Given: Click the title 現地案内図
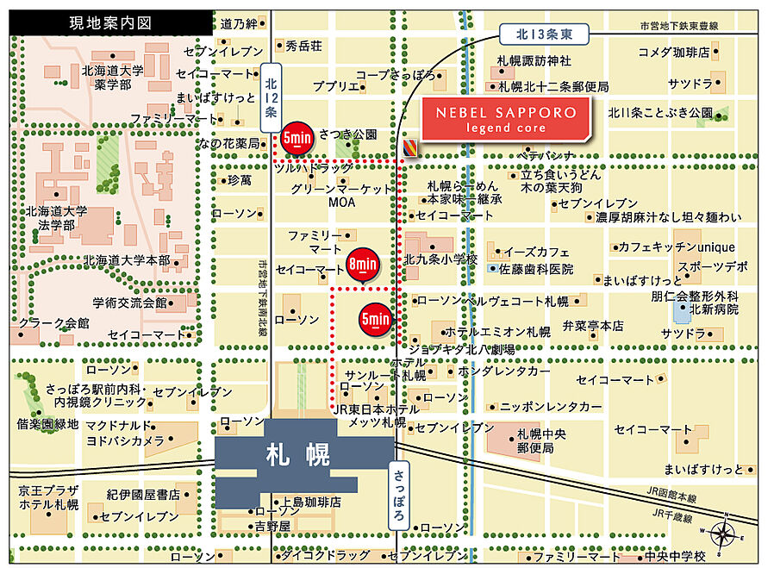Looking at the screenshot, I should (111, 23).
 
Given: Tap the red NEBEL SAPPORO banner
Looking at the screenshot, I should (506, 120).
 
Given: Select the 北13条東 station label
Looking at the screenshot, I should (544, 34).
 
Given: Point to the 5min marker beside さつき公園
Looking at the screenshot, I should (296, 139).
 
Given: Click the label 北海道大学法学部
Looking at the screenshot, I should (57, 217).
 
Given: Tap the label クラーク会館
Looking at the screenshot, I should (53, 323).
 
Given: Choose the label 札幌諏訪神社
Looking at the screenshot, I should (534, 61).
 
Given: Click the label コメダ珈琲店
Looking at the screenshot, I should (673, 53).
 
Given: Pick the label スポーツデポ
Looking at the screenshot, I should (712, 266).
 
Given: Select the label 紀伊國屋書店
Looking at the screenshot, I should (143, 495).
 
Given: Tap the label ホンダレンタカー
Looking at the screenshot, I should (504, 371).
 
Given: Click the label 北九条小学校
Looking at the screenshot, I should (440, 259).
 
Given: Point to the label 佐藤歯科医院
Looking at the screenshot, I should (537, 269).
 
